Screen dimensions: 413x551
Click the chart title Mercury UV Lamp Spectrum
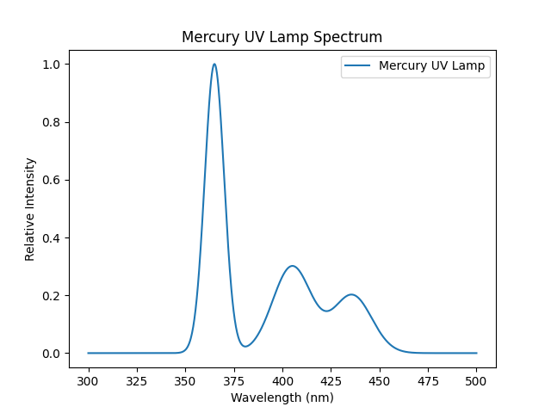tap(282, 38)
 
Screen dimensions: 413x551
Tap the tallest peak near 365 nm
tap(214, 65)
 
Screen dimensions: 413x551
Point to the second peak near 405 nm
tap(293, 266)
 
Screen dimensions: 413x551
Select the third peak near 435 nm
tap(350, 295)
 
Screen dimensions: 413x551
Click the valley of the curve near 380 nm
tap(245, 346)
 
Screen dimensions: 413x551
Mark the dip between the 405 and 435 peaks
tap(326, 311)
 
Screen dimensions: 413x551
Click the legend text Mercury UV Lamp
tap(431, 65)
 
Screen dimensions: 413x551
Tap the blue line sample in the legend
tap(360, 65)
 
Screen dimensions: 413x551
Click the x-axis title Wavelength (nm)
tap(282, 398)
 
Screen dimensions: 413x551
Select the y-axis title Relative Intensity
tap(30, 209)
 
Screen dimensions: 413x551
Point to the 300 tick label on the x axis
tap(88, 379)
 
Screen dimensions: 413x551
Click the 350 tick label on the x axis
tap(185, 379)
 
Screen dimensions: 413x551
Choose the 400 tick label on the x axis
tap(282, 379)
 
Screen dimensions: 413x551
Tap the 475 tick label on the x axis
tap(428, 379)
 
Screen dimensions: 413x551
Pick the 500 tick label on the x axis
tap(476, 379)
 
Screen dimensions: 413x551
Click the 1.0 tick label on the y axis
tap(53, 65)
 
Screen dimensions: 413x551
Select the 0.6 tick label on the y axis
tap(53, 180)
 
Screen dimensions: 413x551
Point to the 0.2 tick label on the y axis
tap(53, 296)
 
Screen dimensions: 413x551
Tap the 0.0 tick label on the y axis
tap(53, 354)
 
